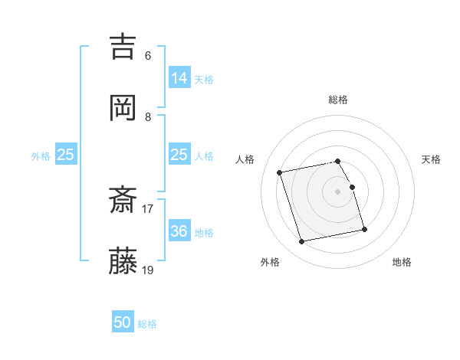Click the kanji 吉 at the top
123,46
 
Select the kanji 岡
123,108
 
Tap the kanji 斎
123,201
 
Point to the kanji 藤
123,262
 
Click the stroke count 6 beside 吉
148,56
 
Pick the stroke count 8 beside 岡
148,117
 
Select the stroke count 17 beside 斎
148,208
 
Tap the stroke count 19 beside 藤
148,270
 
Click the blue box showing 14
179,77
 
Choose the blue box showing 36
179,231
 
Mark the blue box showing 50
123,322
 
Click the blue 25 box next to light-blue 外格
66,155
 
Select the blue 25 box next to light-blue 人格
179,155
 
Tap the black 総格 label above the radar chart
338,100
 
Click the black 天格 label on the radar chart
431,159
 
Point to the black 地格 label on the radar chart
402,262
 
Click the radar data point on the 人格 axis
280,172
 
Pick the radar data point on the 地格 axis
364,229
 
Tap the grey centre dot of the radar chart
338,191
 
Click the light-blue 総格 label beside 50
147,324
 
